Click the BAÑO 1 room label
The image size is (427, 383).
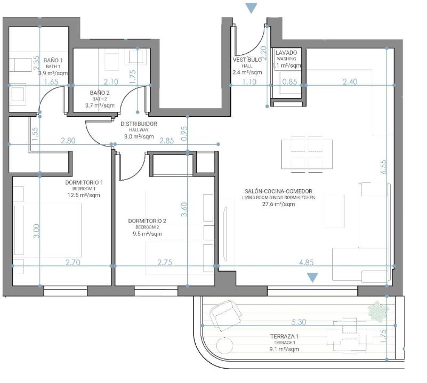53,60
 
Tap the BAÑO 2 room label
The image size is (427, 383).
100,93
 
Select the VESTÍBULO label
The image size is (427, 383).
247,60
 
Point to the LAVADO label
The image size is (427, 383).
286,53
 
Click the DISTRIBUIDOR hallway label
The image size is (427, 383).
139,124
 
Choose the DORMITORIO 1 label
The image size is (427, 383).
84,182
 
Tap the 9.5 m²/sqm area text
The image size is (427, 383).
147,234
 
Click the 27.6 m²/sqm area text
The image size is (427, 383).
279,204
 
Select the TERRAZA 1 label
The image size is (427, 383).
285,337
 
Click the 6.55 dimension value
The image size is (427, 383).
384,167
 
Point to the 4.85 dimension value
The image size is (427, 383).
307,263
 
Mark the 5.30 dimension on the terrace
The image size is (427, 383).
299,322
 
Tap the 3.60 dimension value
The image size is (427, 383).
184,209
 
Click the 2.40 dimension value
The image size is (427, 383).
350,82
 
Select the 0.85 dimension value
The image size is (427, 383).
290,82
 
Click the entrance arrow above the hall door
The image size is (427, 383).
252,8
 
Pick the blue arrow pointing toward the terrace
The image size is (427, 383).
312,278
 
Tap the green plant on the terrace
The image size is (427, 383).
377,311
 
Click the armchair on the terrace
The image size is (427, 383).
225,315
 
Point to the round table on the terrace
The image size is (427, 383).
224,345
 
